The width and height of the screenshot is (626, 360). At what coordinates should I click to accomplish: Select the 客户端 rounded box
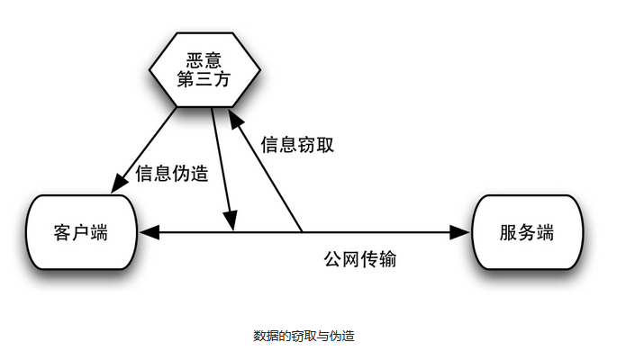(x=81, y=233)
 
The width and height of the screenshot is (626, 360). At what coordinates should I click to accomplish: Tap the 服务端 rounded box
(x=526, y=233)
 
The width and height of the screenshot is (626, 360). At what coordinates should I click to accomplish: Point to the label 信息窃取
(x=297, y=144)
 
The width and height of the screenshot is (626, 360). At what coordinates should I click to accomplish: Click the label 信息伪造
(x=172, y=174)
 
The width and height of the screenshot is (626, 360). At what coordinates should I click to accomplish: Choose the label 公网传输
(x=360, y=260)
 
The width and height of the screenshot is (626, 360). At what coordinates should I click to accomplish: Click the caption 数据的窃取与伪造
(x=304, y=336)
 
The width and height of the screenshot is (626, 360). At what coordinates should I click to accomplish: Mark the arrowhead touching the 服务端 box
(x=462, y=232)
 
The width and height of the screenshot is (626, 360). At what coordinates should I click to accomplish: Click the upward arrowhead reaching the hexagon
(x=233, y=119)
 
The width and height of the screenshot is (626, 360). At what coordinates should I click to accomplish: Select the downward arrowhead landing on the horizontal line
(x=231, y=221)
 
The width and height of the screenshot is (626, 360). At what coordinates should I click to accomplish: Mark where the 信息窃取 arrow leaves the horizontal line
(x=301, y=232)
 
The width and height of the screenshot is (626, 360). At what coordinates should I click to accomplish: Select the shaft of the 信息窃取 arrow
(x=268, y=175)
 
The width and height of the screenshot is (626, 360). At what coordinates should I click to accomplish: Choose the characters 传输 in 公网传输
(x=379, y=260)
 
